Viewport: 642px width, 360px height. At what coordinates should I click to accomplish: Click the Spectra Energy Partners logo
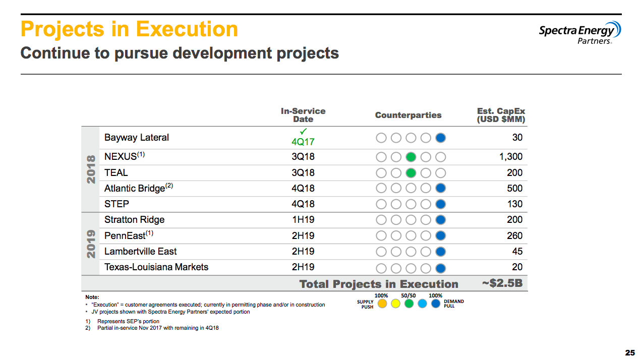tap(579, 33)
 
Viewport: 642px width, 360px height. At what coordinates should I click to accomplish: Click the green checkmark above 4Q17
tap(303, 132)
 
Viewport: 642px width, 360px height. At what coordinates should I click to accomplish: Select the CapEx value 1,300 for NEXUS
tap(510, 157)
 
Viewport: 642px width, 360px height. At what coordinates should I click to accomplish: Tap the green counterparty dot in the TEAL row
tap(411, 173)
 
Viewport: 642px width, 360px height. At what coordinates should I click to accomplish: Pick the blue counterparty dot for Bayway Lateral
tap(440, 138)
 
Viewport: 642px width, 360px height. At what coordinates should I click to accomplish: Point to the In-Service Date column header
tap(303, 115)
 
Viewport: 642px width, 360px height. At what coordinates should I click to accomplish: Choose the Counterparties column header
tap(408, 115)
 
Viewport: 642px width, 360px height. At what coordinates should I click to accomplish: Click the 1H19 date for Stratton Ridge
tap(303, 220)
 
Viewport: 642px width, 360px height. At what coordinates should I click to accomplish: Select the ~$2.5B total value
tap(502, 283)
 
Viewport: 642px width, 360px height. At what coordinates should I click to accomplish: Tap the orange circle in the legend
tap(382, 304)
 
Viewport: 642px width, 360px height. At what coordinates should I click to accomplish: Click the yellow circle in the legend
tap(395, 304)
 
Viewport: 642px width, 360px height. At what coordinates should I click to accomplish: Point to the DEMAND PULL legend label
tap(453, 304)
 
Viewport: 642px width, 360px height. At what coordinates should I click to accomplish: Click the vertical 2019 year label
tap(91, 244)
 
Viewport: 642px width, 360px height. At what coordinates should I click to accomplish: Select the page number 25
tap(630, 353)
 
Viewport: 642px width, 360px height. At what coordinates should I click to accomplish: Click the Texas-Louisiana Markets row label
tap(156, 267)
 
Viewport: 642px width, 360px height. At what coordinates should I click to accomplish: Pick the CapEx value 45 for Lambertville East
tap(517, 252)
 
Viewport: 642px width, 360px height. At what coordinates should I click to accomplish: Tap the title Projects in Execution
tap(129, 29)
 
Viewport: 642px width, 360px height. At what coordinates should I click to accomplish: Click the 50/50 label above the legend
tap(408, 295)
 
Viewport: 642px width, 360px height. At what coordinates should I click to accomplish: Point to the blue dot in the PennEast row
tap(440, 235)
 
